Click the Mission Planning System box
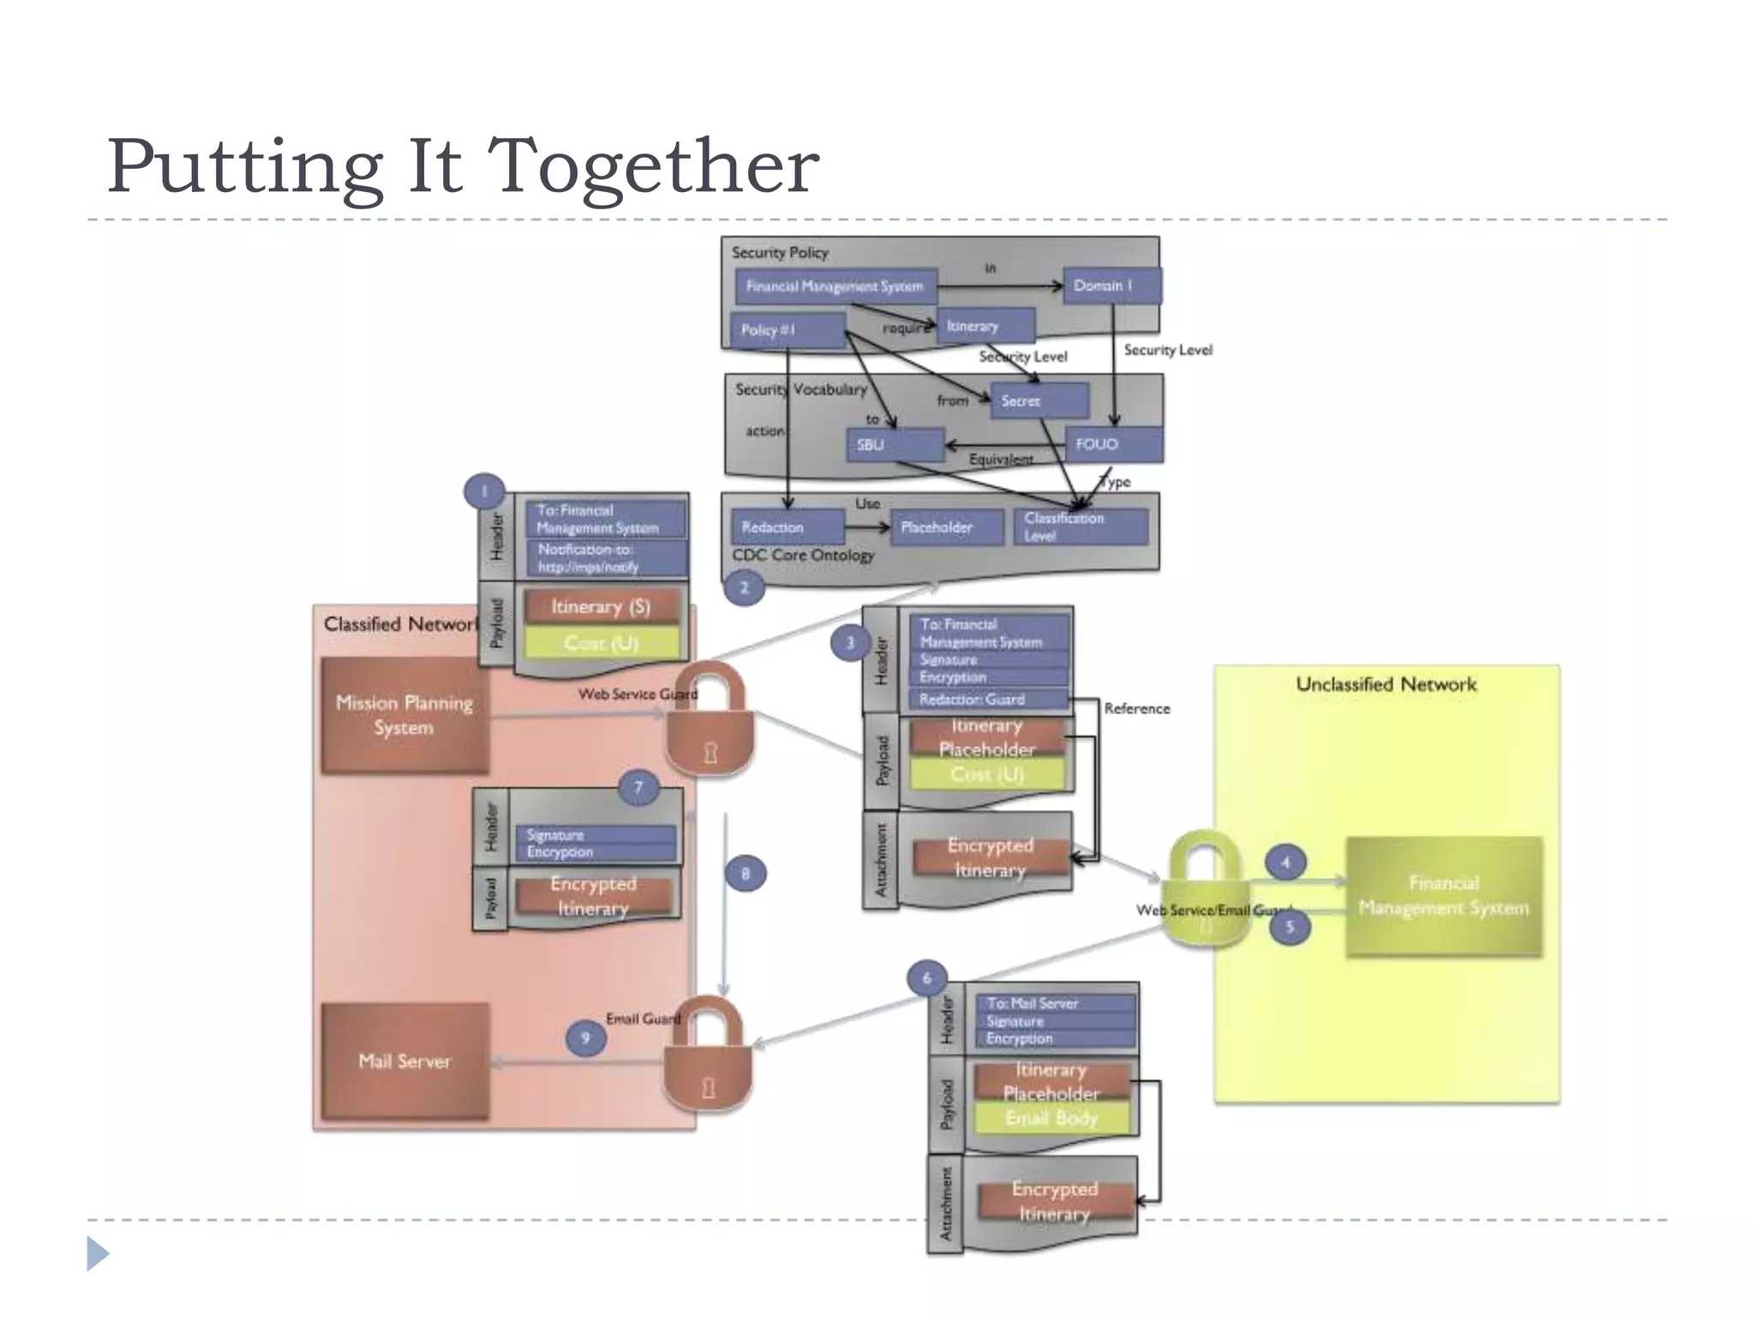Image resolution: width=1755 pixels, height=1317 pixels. pyautogui.click(x=404, y=716)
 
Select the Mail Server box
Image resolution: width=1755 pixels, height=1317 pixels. pyautogui.click(x=404, y=1061)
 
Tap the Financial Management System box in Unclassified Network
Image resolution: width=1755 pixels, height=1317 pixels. pyautogui.click(x=1444, y=896)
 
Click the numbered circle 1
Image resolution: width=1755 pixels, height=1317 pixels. pyautogui.click(x=484, y=492)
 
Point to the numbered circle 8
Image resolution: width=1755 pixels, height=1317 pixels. pyautogui.click(x=746, y=874)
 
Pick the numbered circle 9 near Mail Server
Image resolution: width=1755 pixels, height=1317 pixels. pyautogui.click(x=586, y=1038)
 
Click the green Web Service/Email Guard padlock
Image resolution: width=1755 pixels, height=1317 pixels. pyautogui.click(x=1204, y=892)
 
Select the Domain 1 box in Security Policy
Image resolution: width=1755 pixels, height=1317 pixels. pyautogui.click(x=1111, y=286)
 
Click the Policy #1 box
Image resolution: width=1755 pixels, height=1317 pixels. pyautogui.click(x=787, y=330)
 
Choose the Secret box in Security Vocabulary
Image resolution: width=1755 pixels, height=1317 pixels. pyautogui.click(x=1039, y=400)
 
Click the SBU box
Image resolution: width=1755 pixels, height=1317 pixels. pyautogui.click(x=895, y=444)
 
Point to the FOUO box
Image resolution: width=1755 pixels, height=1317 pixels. pyautogui.click(x=1112, y=444)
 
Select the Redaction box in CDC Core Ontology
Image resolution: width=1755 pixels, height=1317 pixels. pyautogui.click(x=787, y=527)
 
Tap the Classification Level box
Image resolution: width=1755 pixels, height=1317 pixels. pyautogui.click(x=1081, y=526)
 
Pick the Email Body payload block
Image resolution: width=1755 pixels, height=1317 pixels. pyautogui.click(x=1051, y=1118)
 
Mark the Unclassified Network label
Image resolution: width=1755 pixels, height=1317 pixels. pyautogui.click(x=1386, y=684)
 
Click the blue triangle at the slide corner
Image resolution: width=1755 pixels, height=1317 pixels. pyautogui.click(x=98, y=1254)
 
